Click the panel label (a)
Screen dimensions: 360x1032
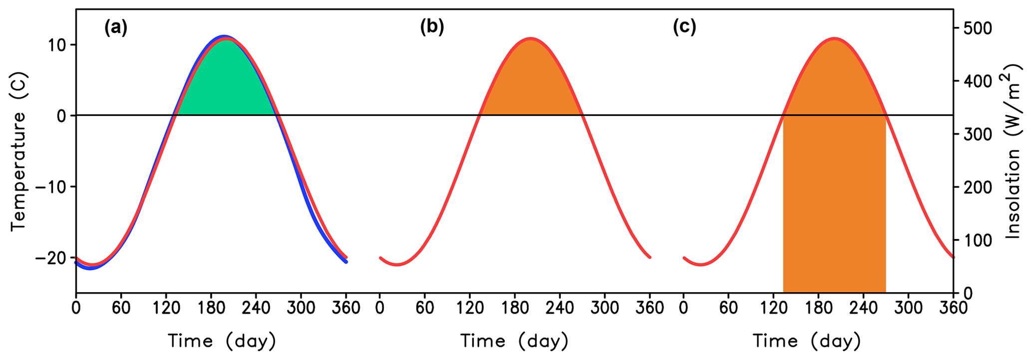pyautogui.click(x=116, y=28)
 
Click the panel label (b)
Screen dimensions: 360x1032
pyautogui.click(x=432, y=28)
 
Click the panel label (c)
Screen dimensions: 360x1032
pyautogui.click(x=684, y=28)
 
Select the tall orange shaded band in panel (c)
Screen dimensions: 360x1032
pyautogui.click(x=834, y=200)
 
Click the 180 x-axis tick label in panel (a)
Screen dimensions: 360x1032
pyautogui.click(x=211, y=308)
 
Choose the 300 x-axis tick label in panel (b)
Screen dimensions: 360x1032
pyautogui.click(x=605, y=308)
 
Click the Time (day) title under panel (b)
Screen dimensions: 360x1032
pyautogui.click(x=514, y=342)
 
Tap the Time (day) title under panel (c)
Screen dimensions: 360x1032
pyautogui.click(x=807, y=342)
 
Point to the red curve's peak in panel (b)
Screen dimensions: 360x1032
pyautogui.click(x=531, y=38)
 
